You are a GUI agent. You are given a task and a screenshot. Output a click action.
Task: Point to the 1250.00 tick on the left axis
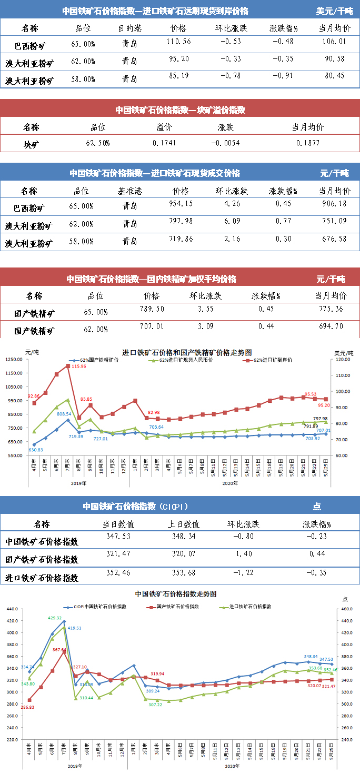coord(14,360)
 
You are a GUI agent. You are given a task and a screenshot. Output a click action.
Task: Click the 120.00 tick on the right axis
coord(342,360)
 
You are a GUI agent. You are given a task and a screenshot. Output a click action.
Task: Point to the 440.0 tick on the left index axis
coord(12,609)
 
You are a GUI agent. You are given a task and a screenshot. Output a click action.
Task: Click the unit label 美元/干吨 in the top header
coord(335,11)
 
